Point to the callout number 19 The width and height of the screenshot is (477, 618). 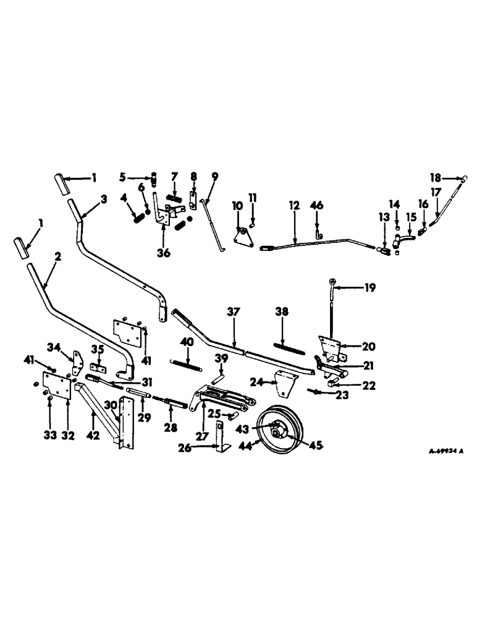click(x=369, y=288)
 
